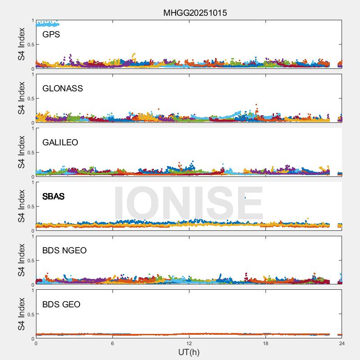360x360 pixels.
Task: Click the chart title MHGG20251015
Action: coord(195,13)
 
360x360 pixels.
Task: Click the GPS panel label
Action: coord(51,34)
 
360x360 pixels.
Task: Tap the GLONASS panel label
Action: coord(63,88)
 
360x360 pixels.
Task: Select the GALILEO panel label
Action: coord(60,142)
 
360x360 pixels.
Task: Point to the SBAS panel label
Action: coord(53,196)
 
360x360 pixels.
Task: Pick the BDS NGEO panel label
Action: coord(64,250)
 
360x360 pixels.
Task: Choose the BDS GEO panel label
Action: coord(61,304)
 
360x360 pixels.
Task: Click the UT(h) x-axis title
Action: coord(189,352)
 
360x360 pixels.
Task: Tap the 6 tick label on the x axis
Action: coord(112,344)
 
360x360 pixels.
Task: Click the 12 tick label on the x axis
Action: coord(189,344)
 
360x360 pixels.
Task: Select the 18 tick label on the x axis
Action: coord(265,344)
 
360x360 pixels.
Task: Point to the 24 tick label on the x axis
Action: coord(342,344)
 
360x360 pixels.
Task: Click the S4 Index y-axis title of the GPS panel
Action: coord(21,44)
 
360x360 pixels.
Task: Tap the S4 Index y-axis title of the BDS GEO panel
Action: coord(21,314)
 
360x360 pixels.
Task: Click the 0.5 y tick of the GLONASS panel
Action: coord(29,99)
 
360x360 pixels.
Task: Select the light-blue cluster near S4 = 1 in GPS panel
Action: coord(47,23)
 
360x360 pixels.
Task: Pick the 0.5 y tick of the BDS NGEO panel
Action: coord(29,261)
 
